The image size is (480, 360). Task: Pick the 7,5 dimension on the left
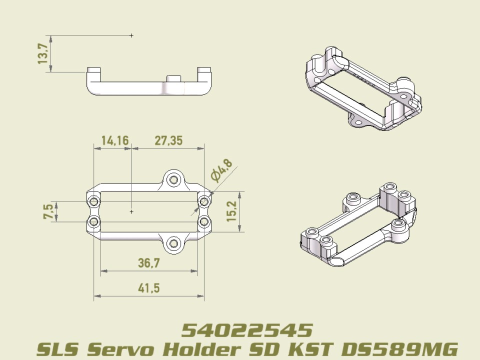tap(48, 211)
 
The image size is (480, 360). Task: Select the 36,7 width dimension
tap(148, 262)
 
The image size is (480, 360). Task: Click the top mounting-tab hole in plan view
tap(173, 179)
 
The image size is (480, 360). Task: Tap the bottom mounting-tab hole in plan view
tap(173, 243)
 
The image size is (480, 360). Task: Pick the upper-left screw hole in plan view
tap(93, 201)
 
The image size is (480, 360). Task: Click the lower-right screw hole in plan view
tap(203, 221)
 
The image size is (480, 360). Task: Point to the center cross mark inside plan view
tap(131, 212)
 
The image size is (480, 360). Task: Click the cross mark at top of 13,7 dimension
tap(131, 35)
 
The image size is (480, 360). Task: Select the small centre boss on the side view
tap(174, 79)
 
